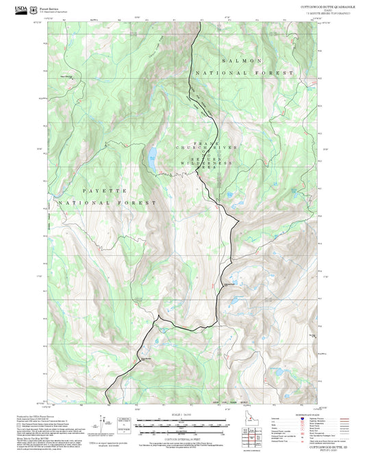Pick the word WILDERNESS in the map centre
pyautogui.click(x=207, y=164)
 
